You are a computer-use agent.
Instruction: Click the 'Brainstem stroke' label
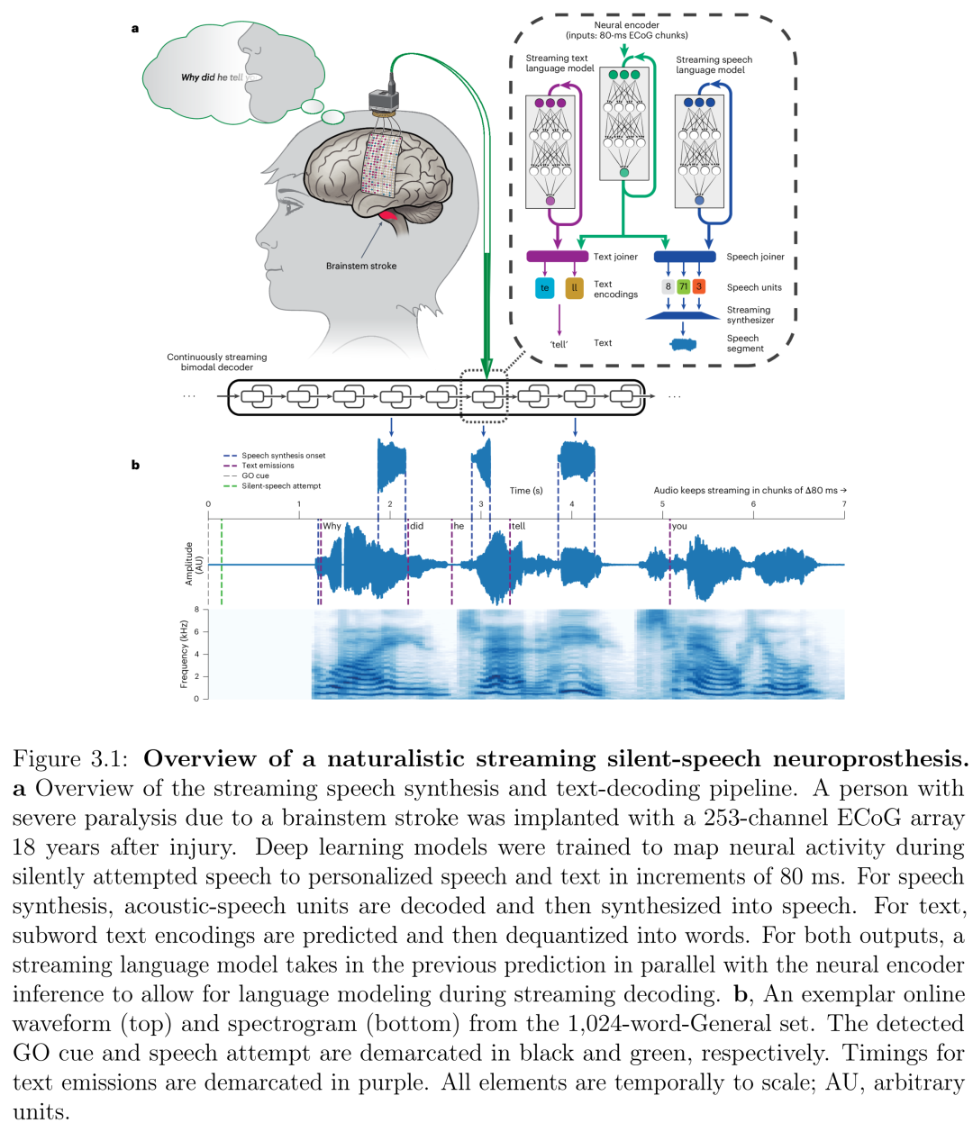(360, 266)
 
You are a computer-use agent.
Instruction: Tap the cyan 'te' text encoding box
(544, 288)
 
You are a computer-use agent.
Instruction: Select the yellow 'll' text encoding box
(574, 288)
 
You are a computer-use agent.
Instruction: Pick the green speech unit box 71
(683, 286)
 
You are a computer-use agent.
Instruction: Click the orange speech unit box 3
(699, 286)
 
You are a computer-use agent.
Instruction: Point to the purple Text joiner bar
(557, 257)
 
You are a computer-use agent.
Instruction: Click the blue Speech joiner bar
(684, 257)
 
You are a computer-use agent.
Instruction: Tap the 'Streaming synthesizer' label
(750, 314)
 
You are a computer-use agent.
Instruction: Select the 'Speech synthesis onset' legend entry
(283, 456)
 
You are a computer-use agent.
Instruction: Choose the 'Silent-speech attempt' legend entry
(280, 486)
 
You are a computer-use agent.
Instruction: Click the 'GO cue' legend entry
(255, 475)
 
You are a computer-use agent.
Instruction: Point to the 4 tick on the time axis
(571, 505)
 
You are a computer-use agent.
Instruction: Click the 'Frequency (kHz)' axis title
(184, 654)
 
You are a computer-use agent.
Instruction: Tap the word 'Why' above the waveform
(332, 526)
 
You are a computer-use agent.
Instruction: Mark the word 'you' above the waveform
(679, 526)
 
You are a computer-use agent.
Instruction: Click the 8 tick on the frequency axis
(196, 610)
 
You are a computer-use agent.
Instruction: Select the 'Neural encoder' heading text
(626, 25)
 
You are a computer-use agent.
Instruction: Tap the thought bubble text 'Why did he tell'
(213, 77)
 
